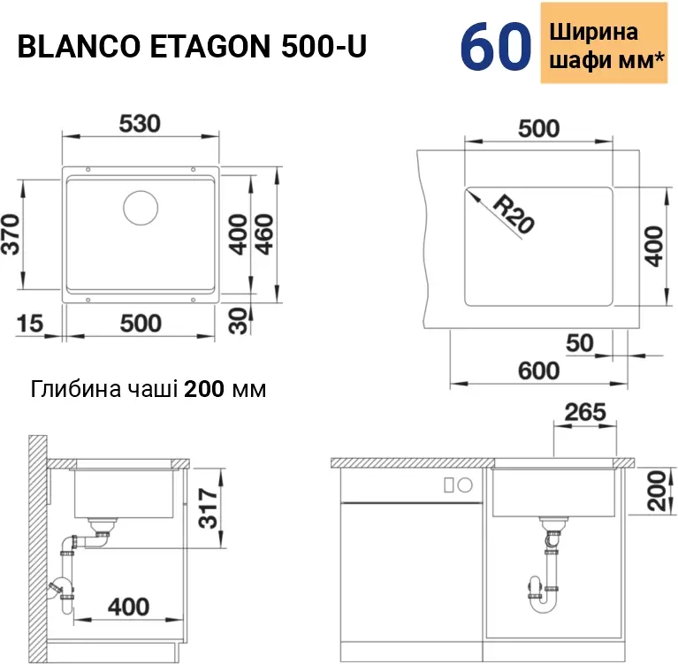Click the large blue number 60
pyautogui.click(x=496, y=46)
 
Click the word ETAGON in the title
pyautogui.click(x=209, y=46)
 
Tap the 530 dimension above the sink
pyautogui.click(x=140, y=124)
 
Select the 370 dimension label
pyautogui.click(x=11, y=233)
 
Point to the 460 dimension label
pyautogui.click(x=264, y=234)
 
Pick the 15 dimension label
pyautogui.click(x=30, y=323)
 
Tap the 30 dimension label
pyautogui.click(x=239, y=321)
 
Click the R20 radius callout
pyautogui.click(x=513, y=214)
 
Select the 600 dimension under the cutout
pyautogui.click(x=538, y=370)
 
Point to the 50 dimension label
pyautogui.click(x=579, y=343)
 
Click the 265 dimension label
pyautogui.click(x=585, y=412)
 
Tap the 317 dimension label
pyautogui.click(x=208, y=508)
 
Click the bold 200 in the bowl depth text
pyautogui.click(x=204, y=389)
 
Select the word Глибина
pyautogui.click(x=76, y=389)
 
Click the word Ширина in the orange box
pyautogui.click(x=594, y=32)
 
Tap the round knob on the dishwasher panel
pyautogui.click(x=465, y=485)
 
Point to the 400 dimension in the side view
pyautogui.click(x=128, y=607)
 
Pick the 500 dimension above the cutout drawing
pyautogui.click(x=538, y=128)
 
